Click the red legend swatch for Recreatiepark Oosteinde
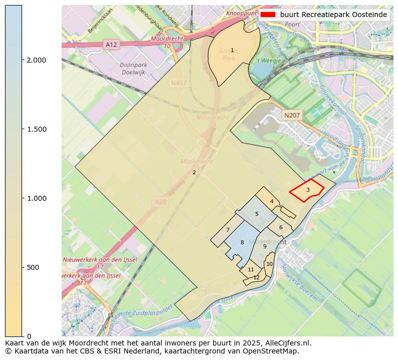click(268, 15)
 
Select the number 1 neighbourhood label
click(232, 51)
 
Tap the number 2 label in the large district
click(194, 173)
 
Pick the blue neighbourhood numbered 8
click(242, 243)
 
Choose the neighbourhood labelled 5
click(257, 214)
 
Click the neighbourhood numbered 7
click(228, 230)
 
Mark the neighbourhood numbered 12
click(256, 278)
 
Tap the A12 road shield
click(111, 45)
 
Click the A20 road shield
click(160, 202)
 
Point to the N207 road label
click(292, 116)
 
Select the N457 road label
click(178, 84)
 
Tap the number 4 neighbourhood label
click(271, 202)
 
